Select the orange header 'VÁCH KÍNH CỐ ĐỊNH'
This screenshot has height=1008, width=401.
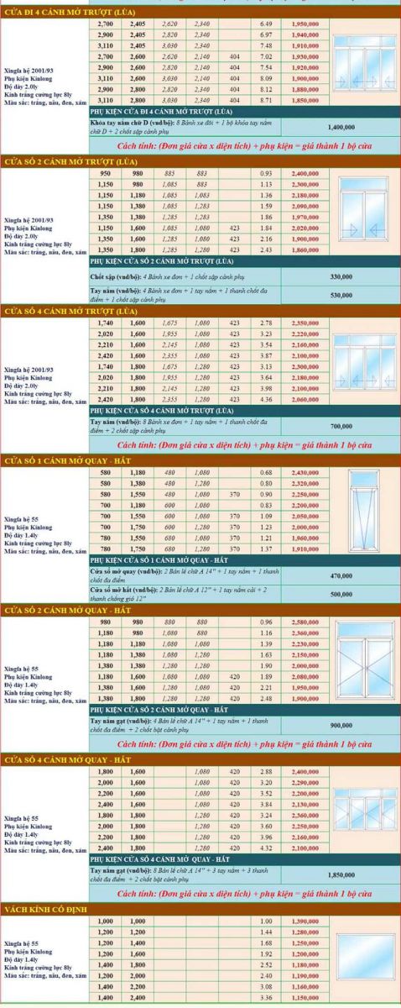pos(50,909)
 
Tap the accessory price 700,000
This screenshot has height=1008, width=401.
pos(341,426)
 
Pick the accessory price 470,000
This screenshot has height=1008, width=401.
pos(341,575)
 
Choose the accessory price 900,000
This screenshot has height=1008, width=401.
pos(341,725)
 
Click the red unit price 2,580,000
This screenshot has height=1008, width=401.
pos(304,622)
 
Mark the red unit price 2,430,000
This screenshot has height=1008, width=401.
pos(304,472)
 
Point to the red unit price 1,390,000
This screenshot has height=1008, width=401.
pos(304,921)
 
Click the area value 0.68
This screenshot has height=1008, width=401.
pos(267,472)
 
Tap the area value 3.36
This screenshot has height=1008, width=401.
pos(267,997)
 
